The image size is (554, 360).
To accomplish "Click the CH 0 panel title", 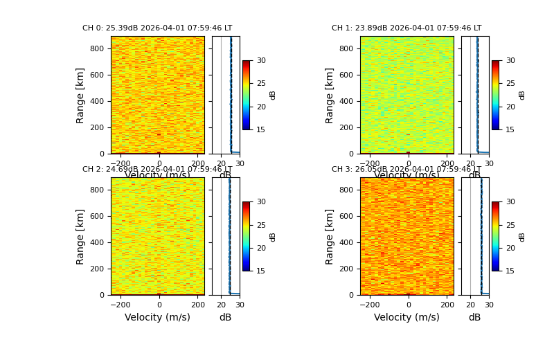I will (x=157, y=28).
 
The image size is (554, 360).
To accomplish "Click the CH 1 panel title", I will (x=406, y=28).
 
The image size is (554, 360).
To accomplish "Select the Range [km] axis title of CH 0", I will (x=80, y=96).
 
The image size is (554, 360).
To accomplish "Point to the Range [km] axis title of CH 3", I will (x=330, y=237).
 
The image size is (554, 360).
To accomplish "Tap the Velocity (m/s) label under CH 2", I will (x=157, y=317).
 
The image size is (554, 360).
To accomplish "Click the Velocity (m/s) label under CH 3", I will (x=406, y=317).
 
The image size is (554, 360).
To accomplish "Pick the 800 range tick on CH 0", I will (x=97, y=48).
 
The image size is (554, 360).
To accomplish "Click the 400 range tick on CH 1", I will (x=346, y=101).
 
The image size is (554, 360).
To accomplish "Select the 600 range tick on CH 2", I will (x=97, y=216).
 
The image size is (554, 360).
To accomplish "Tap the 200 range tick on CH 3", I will (x=346, y=269).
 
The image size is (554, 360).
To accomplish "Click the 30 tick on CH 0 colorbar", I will (x=261, y=60).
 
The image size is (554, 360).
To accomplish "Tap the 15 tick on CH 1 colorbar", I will (x=510, y=129).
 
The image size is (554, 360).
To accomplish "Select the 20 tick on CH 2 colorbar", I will (x=261, y=248).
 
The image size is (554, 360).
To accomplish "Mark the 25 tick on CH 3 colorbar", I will (x=510, y=225).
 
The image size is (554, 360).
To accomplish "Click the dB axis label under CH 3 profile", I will (x=474, y=317).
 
